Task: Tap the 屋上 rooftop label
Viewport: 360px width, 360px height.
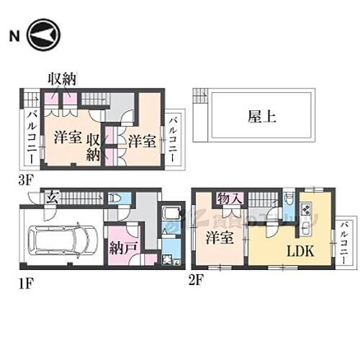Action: click(x=261, y=117)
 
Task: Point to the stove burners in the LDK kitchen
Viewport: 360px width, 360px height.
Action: click(x=305, y=211)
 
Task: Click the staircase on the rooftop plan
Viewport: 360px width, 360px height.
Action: click(x=199, y=96)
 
